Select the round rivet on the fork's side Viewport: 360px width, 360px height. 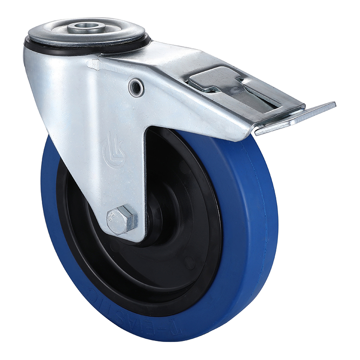pos(136,87)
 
